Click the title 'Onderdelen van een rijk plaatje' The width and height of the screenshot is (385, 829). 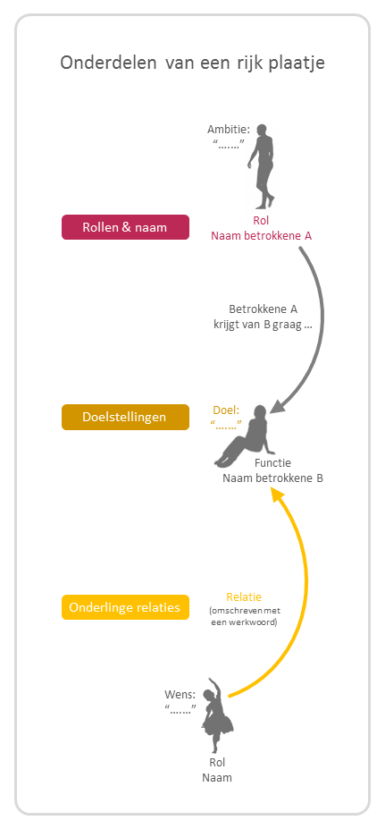192,63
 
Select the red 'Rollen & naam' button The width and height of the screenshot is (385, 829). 125,227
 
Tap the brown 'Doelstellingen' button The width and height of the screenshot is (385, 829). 125,417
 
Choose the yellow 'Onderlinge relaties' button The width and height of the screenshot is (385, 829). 125,607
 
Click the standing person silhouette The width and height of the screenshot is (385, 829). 262,167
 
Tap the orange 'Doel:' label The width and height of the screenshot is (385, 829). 227,410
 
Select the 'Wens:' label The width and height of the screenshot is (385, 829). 180,694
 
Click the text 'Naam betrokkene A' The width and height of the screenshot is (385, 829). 262,236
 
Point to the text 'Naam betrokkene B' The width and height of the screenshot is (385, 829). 272,478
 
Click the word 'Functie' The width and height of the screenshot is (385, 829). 272,463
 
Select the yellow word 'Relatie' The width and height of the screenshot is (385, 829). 244,597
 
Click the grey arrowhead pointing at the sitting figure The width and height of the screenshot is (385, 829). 279,404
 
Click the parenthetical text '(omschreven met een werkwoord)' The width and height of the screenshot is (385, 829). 245,616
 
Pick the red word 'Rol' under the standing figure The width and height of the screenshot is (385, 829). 261,221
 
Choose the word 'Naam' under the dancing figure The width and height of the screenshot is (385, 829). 217,778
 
